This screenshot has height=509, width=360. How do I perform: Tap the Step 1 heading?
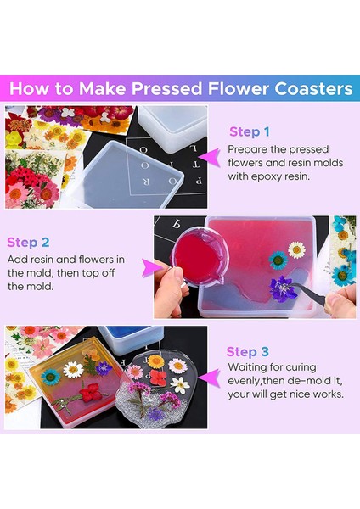250,132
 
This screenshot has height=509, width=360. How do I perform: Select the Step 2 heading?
28,243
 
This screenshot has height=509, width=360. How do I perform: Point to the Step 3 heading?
248,352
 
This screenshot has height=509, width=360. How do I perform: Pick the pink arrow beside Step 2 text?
153,268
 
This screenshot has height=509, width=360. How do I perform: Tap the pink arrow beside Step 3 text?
210,378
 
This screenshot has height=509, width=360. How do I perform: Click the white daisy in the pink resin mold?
296,249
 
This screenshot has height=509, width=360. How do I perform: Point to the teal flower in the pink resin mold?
278,260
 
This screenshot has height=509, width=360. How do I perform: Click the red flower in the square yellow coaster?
92,392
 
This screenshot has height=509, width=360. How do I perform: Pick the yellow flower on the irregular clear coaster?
155,361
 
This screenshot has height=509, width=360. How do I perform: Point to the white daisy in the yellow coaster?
73,370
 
